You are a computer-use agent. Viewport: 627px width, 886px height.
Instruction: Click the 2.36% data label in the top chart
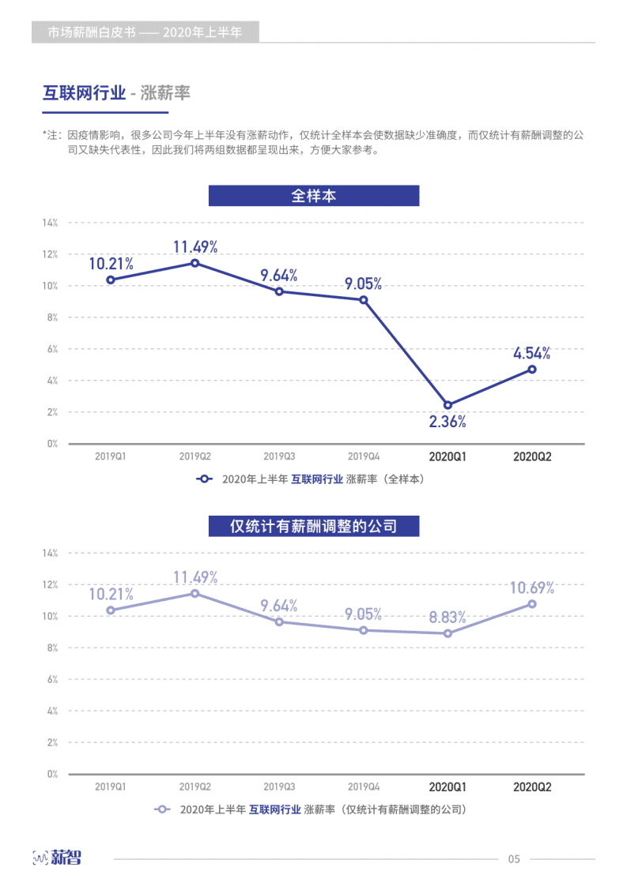coord(448,422)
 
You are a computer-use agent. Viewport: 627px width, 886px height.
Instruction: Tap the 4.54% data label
coord(531,353)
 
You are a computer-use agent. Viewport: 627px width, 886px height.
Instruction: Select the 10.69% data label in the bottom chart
coord(531,588)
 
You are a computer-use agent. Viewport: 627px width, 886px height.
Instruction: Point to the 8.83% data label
coord(448,617)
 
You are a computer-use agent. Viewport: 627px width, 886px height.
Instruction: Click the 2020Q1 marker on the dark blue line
coord(448,405)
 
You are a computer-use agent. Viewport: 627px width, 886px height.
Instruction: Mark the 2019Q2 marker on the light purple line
coord(195,594)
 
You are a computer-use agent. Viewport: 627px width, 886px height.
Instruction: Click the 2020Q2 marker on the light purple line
coord(532,604)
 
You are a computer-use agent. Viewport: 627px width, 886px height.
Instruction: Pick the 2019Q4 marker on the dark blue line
coord(364,300)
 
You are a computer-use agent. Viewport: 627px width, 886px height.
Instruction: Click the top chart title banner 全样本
coord(314,196)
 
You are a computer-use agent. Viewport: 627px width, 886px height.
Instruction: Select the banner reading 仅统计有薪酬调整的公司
coord(314,526)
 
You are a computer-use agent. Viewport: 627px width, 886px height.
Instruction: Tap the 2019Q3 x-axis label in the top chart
coord(279,456)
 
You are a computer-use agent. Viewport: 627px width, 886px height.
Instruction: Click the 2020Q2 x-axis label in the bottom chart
coord(532,787)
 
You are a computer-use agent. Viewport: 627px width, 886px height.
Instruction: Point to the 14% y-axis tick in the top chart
coord(50,223)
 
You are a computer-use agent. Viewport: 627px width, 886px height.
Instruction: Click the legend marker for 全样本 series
coord(205,479)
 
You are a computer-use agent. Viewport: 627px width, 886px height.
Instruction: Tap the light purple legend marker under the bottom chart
coord(163,809)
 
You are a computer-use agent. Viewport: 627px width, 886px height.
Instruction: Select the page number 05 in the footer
coord(514,859)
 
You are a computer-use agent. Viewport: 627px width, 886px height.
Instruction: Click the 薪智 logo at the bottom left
coord(57,858)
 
